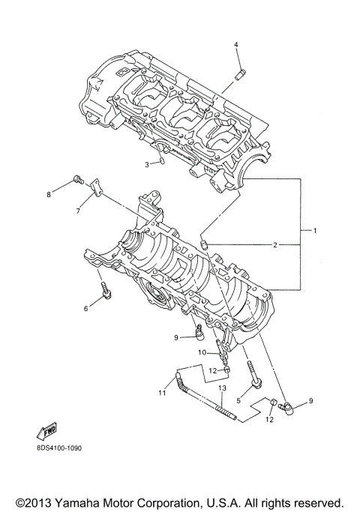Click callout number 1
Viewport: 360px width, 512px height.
315,230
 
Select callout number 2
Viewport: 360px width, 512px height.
275,245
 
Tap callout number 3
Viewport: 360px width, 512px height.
147,164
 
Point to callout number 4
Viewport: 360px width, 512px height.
236,45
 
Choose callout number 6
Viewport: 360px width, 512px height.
85,309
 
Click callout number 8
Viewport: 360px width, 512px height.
49,195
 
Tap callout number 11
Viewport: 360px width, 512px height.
161,391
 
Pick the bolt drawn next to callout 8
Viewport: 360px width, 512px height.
76,180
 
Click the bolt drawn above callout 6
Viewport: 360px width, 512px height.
105,290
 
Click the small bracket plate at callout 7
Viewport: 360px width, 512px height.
95,190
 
